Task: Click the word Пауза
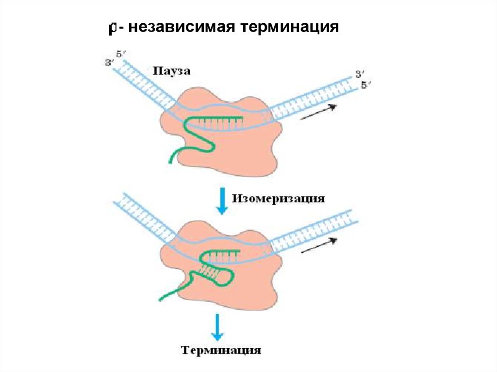[x=171, y=71]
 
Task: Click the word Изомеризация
[x=278, y=199]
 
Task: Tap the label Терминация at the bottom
[x=221, y=350]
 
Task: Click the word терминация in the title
[x=289, y=27]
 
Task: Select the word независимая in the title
[x=182, y=27]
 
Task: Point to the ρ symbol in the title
[x=112, y=28]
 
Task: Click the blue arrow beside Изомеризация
[x=222, y=201]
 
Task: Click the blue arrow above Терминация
[x=217, y=327]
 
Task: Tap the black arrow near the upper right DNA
[x=318, y=112]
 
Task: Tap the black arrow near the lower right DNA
[x=318, y=245]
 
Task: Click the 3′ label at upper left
[x=110, y=63]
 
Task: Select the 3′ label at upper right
[x=360, y=75]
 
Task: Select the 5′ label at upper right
[x=366, y=85]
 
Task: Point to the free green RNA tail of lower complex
[x=173, y=291]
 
